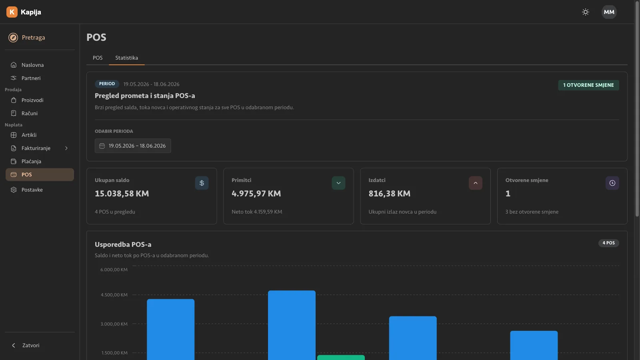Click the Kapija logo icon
click(12, 12)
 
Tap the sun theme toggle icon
click(586, 12)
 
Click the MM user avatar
click(609, 12)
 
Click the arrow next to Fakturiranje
click(66, 148)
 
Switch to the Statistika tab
click(126, 58)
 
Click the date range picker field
click(133, 146)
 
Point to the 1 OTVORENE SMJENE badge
click(588, 85)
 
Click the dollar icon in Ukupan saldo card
click(202, 183)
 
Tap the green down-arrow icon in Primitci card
click(338, 183)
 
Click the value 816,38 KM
click(390, 194)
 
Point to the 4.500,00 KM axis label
click(114, 295)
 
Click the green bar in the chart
click(341, 358)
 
